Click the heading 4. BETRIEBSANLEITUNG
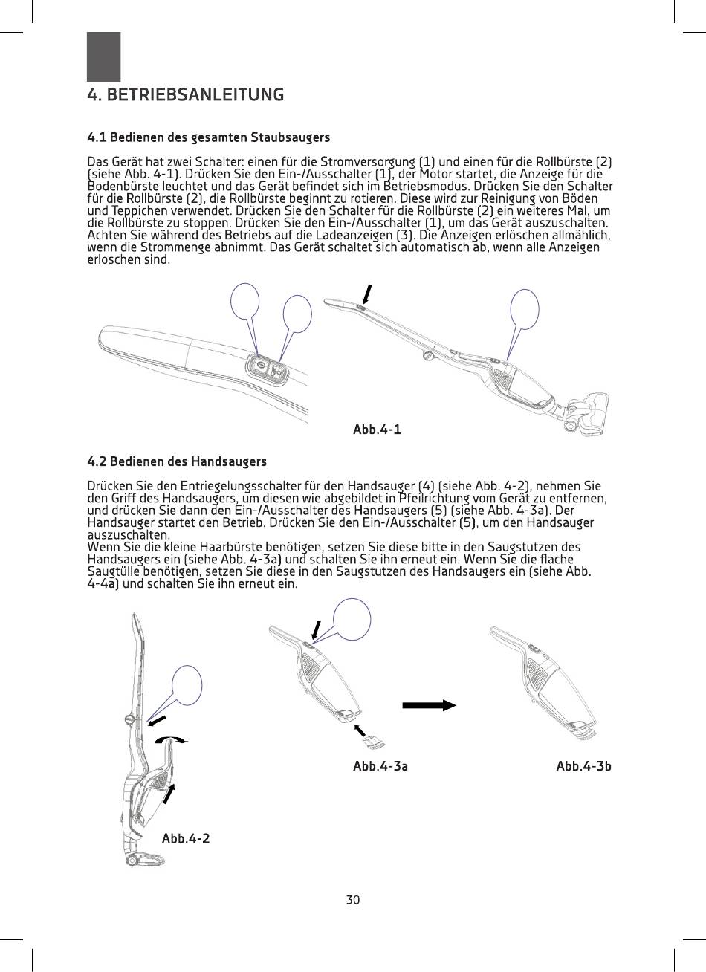(x=185, y=95)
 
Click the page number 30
(x=353, y=900)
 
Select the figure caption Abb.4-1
(x=377, y=430)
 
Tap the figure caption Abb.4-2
(x=186, y=838)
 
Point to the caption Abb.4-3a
(x=380, y=766)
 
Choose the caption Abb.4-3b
(x=583, y=766)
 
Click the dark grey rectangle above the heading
(x=103, y=56)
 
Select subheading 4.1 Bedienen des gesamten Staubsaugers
(x=209, y=137)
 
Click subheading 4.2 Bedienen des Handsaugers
(x=177, y=463)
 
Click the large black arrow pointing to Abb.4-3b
(x=429, y=705)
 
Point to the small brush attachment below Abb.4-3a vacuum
(x=371, y=740)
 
